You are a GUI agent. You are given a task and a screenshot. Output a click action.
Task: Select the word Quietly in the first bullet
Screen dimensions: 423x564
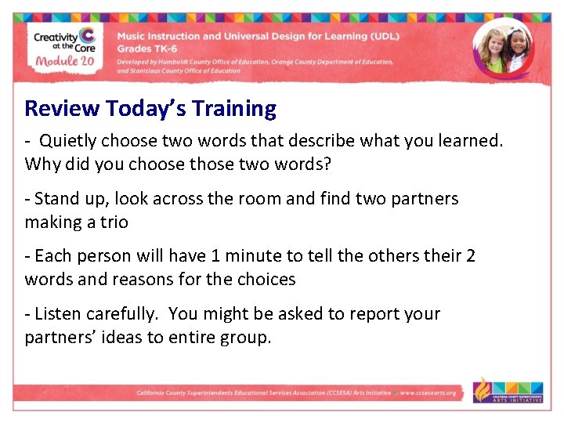coord(70,142)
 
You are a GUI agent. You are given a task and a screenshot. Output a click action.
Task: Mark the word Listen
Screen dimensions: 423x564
coord(57,314)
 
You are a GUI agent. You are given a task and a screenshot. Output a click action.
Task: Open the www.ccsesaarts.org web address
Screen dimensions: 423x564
coord(428,392)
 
